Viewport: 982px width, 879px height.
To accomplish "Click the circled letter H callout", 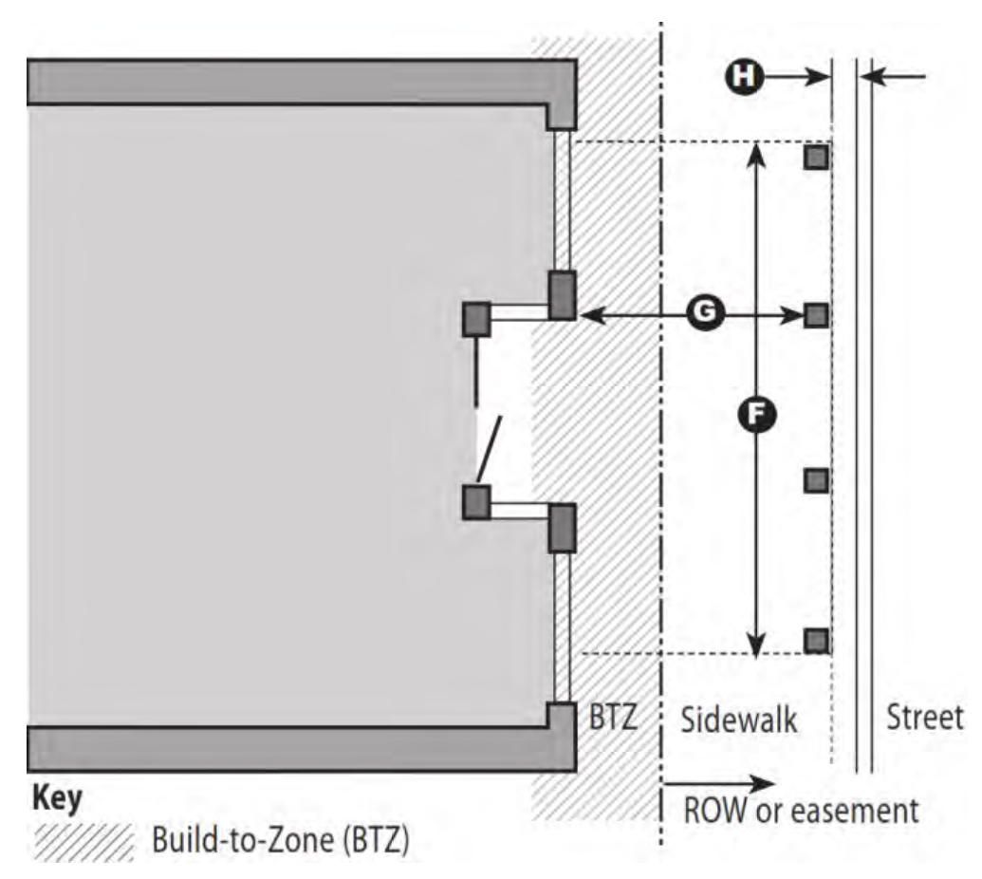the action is [x=744, y=77].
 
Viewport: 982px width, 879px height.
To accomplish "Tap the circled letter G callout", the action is [x=705, y=312].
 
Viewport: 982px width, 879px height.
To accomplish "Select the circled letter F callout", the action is [x=756, y=414].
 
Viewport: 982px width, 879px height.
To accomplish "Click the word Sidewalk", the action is [x=739, y=720].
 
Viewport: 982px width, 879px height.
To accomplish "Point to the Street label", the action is [x=924, y=718].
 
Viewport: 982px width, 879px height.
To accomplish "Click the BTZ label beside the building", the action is [x=613, y=716].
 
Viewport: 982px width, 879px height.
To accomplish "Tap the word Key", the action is [x=57, y=799].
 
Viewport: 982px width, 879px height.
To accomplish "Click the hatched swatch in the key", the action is [x=83, y=841].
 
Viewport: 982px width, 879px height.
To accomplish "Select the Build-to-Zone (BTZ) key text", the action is [x=281, y=840].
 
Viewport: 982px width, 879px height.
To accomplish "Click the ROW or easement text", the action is [x=801, y=811].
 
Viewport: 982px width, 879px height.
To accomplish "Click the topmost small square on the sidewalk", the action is [x=816, y=157].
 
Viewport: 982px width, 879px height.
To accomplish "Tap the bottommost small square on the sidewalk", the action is [x=816, y=641].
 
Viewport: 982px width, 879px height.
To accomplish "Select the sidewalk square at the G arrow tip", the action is [x=816, y=314].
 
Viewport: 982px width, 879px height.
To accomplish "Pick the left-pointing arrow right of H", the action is [x=893, y=77].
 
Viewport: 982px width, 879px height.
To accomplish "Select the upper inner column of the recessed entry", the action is [x=476, y=320].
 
